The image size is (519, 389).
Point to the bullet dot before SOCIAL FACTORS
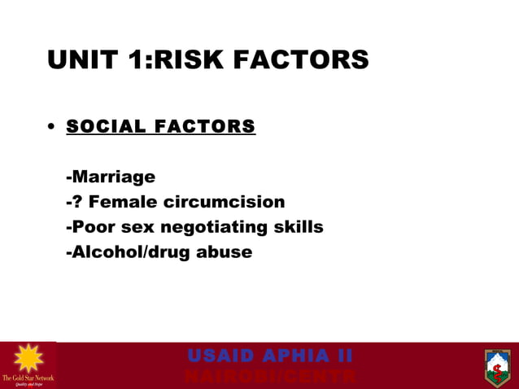pyautogui.click(x=51, y=128)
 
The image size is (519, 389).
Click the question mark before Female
pyautogui.click(x=82, y=202)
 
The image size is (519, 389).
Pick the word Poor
pyautogui.click(x=93, y=227)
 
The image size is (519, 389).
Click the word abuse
pyautogui.click(x=225, y=252)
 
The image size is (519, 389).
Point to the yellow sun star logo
pyautogui.click(x=28, y=358)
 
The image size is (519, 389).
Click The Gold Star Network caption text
pyautogui.click(x=28, y=378)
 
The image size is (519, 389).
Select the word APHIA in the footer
pyautogui.click(x=293, y=356)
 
